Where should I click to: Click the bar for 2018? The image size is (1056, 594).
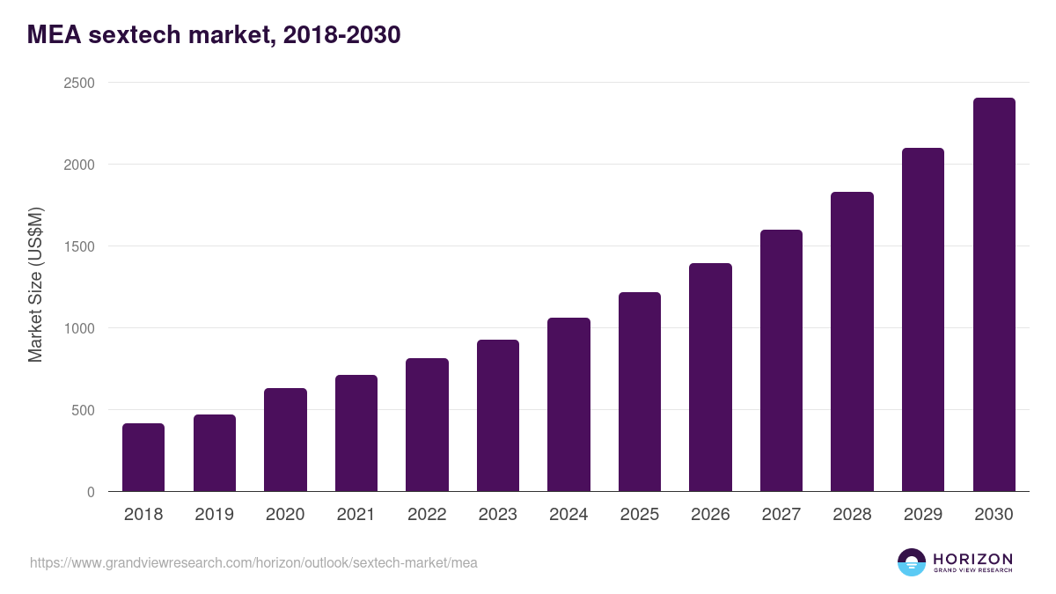point(143,458)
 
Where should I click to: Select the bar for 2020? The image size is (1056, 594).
point(285,440)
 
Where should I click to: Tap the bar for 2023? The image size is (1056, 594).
point(497,415)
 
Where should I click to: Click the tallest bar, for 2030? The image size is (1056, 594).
point(994,295)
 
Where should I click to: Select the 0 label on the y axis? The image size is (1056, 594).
point(91,492)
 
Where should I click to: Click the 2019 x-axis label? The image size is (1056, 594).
point(214,515)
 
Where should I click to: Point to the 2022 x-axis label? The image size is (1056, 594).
point(427,515)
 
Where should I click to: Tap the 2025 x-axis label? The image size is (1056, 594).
point(639,515)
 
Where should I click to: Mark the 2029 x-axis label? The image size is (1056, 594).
point(922,515)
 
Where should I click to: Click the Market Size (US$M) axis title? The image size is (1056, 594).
point(35,284)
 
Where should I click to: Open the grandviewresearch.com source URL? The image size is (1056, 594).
point(253,562)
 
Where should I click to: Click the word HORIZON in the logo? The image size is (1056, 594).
point(972,559)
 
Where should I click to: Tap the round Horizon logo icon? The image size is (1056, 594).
point(912,562)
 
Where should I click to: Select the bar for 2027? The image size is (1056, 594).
point(781,361)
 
